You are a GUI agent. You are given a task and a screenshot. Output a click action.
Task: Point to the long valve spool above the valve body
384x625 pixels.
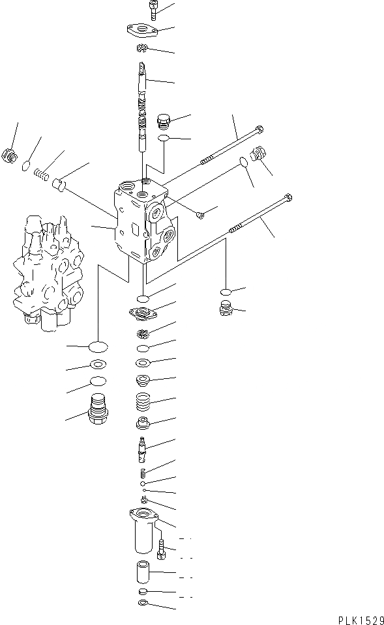[x=143, y=104]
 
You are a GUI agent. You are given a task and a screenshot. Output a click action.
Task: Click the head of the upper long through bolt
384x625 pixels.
[x=259, y=128]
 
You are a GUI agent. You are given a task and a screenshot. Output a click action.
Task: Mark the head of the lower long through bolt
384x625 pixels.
[x=286, y=197]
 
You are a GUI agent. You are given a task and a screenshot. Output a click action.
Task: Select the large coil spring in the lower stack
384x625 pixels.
[x=143, y=403]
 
